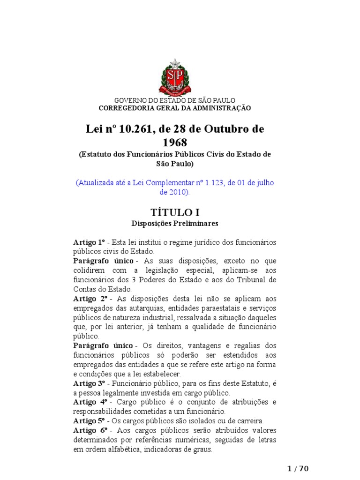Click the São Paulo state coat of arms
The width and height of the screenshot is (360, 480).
(175, 77)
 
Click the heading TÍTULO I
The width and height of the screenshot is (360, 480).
(175, 213)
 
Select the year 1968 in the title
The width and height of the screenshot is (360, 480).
(175, 142)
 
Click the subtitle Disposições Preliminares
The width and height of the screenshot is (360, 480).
(175, 224)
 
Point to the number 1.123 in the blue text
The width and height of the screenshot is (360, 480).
(209, 183)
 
